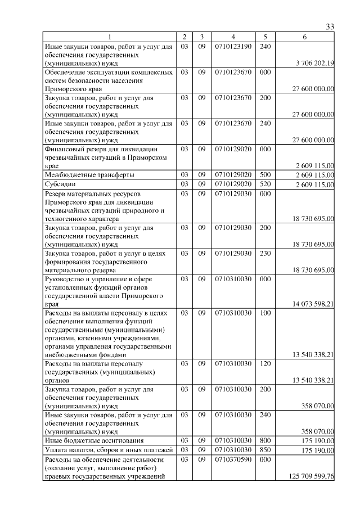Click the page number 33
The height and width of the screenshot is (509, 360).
pyautogui.click(x=330, y=26)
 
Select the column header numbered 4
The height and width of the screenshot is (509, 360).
pyautogui.click(x=233, y=37)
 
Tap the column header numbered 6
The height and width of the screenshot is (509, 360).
pyautogui.click(x=304, y=37)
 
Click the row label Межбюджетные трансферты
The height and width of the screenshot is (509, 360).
pyautogui.click(x=89, y=175)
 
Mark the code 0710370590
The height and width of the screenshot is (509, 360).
pyautogui.click(x=233, y=460)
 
